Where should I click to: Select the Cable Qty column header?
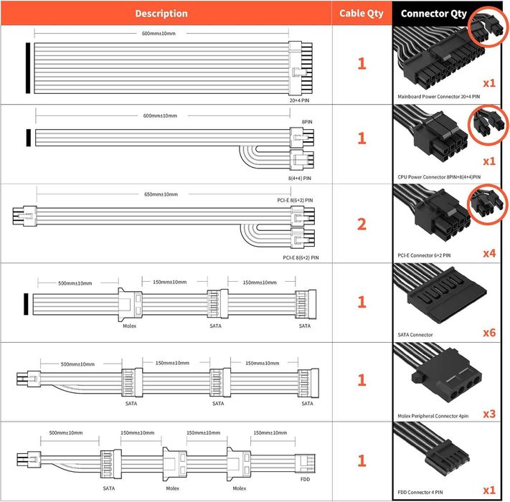(362, 14)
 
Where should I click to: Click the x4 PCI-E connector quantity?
(489, 253)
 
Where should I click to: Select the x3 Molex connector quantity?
(489, 413)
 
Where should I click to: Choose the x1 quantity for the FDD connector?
(489, 490)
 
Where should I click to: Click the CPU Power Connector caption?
(438, 176)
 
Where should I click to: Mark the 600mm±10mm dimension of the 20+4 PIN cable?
(159, 34)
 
